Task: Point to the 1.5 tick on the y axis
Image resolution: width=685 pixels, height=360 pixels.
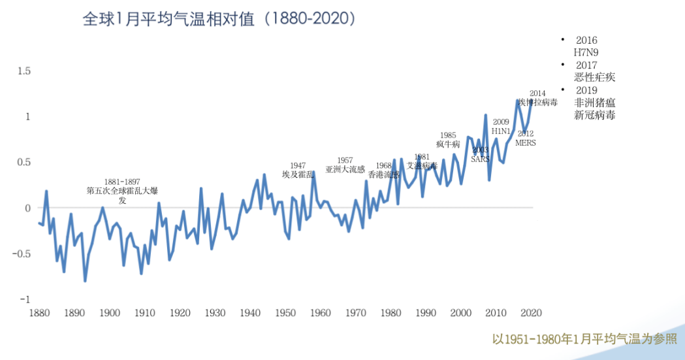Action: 24,71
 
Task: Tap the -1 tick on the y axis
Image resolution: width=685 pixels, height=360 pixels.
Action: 25,299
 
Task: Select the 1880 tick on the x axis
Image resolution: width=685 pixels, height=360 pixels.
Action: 39,313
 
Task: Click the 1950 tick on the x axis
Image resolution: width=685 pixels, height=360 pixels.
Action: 285,313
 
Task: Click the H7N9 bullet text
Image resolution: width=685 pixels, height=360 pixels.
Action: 586,52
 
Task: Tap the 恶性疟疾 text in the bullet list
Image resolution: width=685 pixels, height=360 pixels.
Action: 594,77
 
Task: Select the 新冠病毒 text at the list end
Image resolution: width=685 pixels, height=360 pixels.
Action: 594,115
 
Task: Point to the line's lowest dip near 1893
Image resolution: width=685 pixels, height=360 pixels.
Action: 85,280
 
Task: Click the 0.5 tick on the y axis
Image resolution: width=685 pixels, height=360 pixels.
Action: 24,162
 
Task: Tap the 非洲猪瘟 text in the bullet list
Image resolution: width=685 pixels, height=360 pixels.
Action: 594,103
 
